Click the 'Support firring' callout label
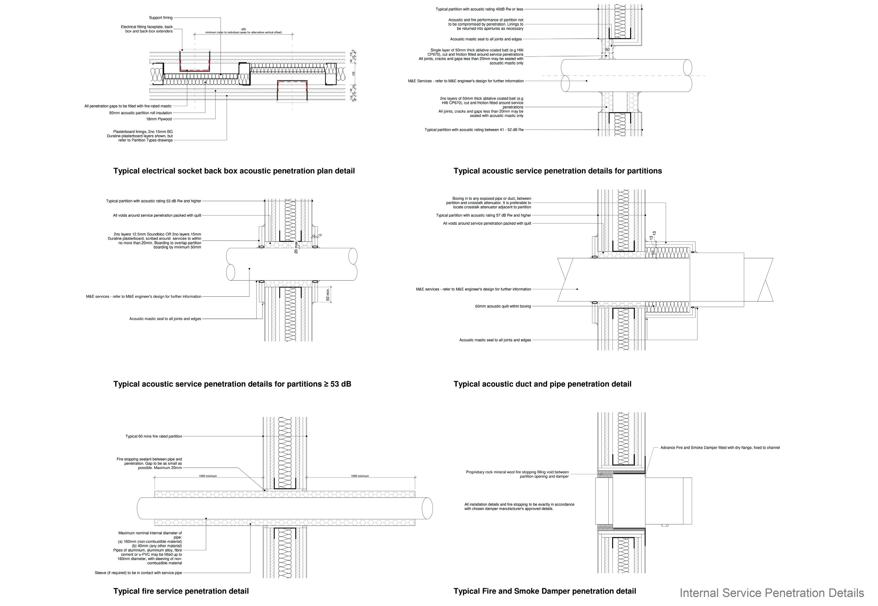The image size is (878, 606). (x=161, y=18)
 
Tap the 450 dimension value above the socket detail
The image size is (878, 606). (x=244, y=29)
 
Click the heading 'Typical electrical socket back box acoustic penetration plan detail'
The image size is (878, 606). (x=234, y=171)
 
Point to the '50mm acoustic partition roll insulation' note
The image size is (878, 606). (x=141, y=113)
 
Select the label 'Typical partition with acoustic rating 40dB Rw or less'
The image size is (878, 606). (x=479, y=9)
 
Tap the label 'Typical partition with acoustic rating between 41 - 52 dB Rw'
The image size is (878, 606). (x=474, y=130)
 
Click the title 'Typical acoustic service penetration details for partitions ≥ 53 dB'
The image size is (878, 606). (x=232, y=384)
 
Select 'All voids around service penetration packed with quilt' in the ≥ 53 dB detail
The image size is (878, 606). (x=157, y=215)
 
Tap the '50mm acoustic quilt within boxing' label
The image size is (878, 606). (x=503, y=306)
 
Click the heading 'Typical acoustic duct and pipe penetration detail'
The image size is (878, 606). (x=542, y=384)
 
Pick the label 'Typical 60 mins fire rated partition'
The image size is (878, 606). (x=154, y=436)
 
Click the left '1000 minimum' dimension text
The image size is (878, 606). (x=208, y=476)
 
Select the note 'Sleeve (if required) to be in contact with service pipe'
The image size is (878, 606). (x=138, y=573)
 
